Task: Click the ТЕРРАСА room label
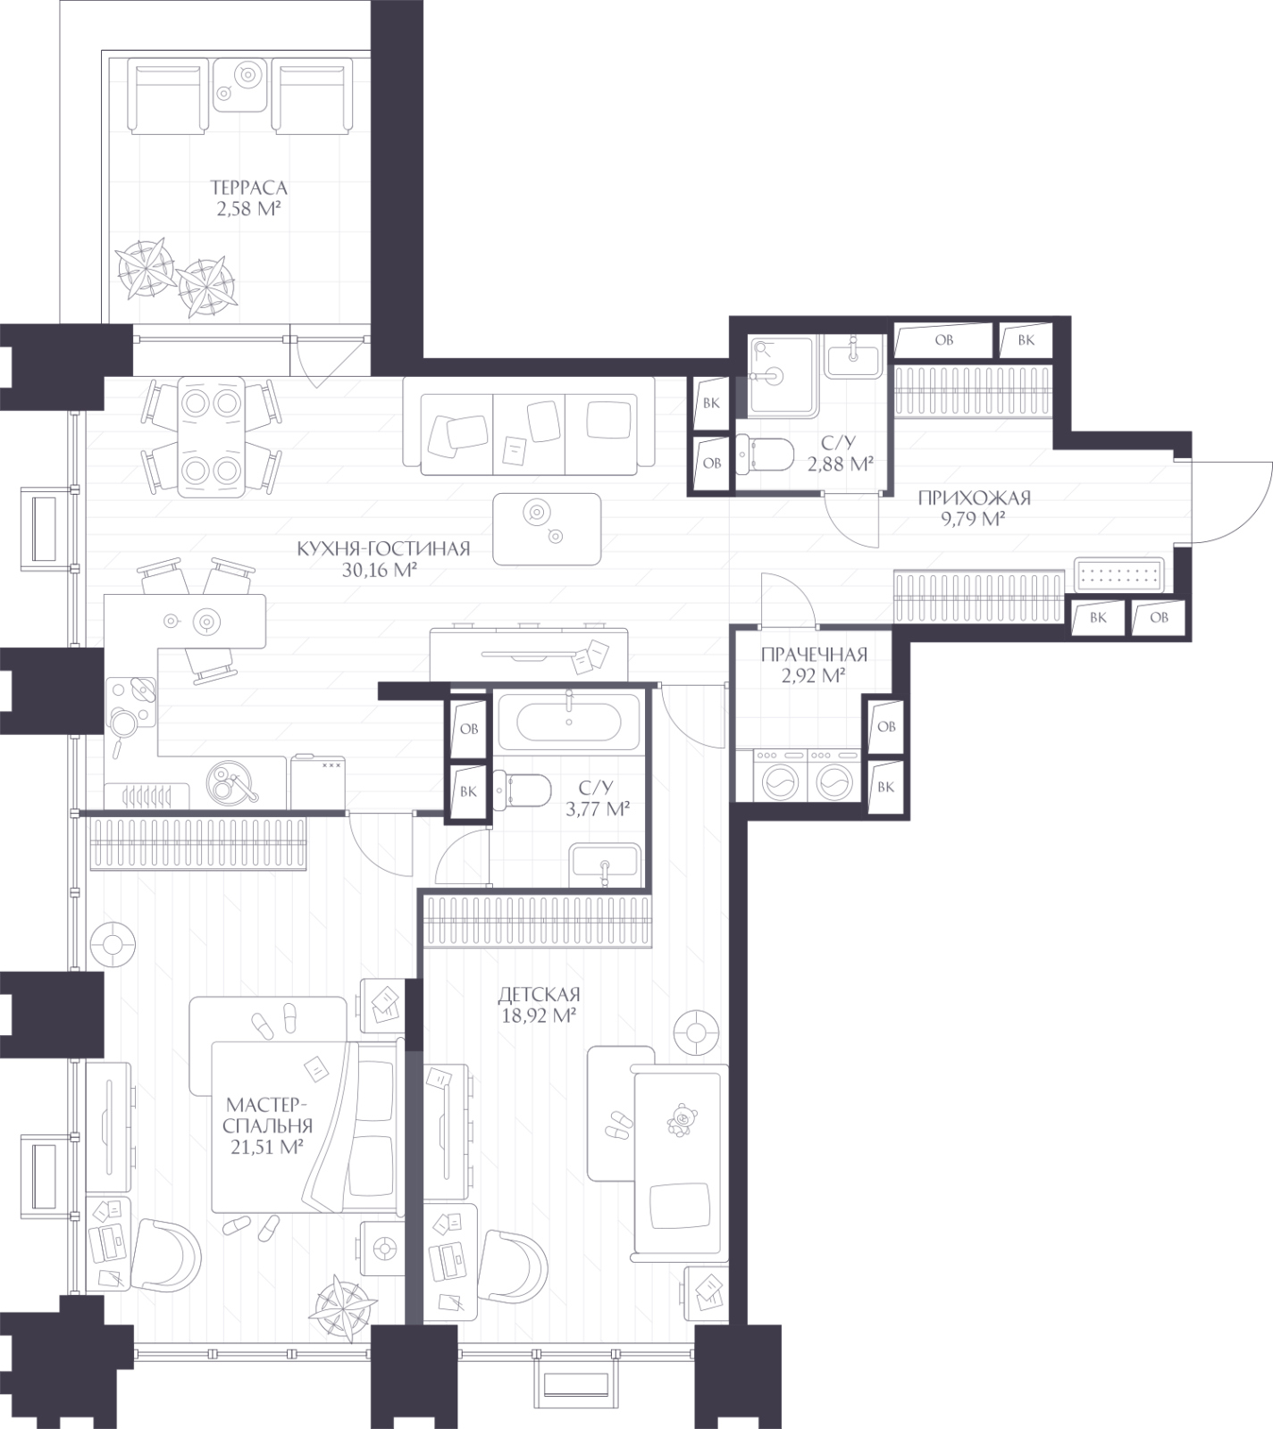[x=248, y=188]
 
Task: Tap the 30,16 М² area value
[x=381, y=571]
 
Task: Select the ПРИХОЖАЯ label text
[x=974, y=498]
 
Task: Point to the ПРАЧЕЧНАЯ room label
[x=814, y=655]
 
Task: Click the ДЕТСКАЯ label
[x=540, y=994]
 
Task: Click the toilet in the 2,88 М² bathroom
[x=764, y=453]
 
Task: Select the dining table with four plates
[x=212, y=436]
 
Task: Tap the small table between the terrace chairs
[x=240, y=84]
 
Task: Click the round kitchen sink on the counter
[x=231, y=783]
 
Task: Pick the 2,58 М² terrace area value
[x=249, y=210]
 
